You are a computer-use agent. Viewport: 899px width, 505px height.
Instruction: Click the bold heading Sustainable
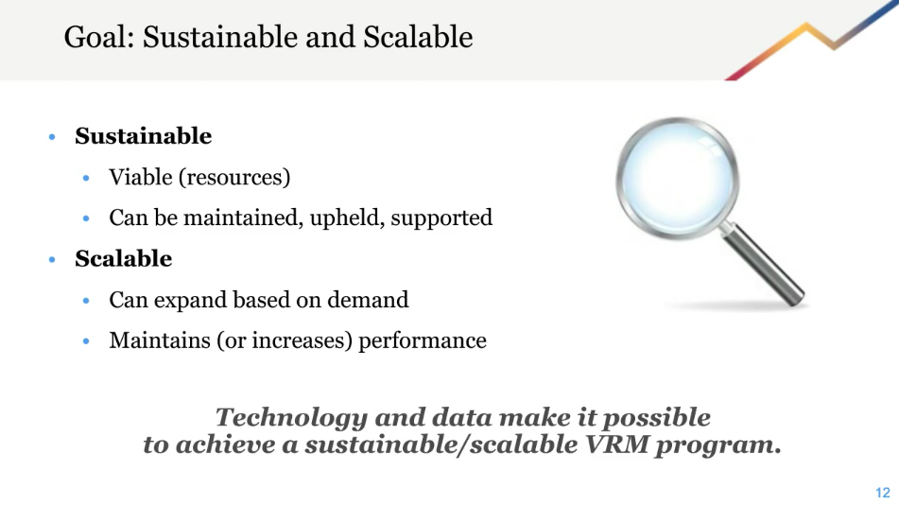(143, 136)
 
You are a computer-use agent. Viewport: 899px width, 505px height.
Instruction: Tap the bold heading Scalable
(123, 258)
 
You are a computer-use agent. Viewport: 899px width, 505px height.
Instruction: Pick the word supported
(441, 218)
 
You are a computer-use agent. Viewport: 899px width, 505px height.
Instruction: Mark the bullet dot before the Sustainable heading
(53, 137)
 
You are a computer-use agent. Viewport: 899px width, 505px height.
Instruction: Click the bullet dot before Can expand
(87, 301)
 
